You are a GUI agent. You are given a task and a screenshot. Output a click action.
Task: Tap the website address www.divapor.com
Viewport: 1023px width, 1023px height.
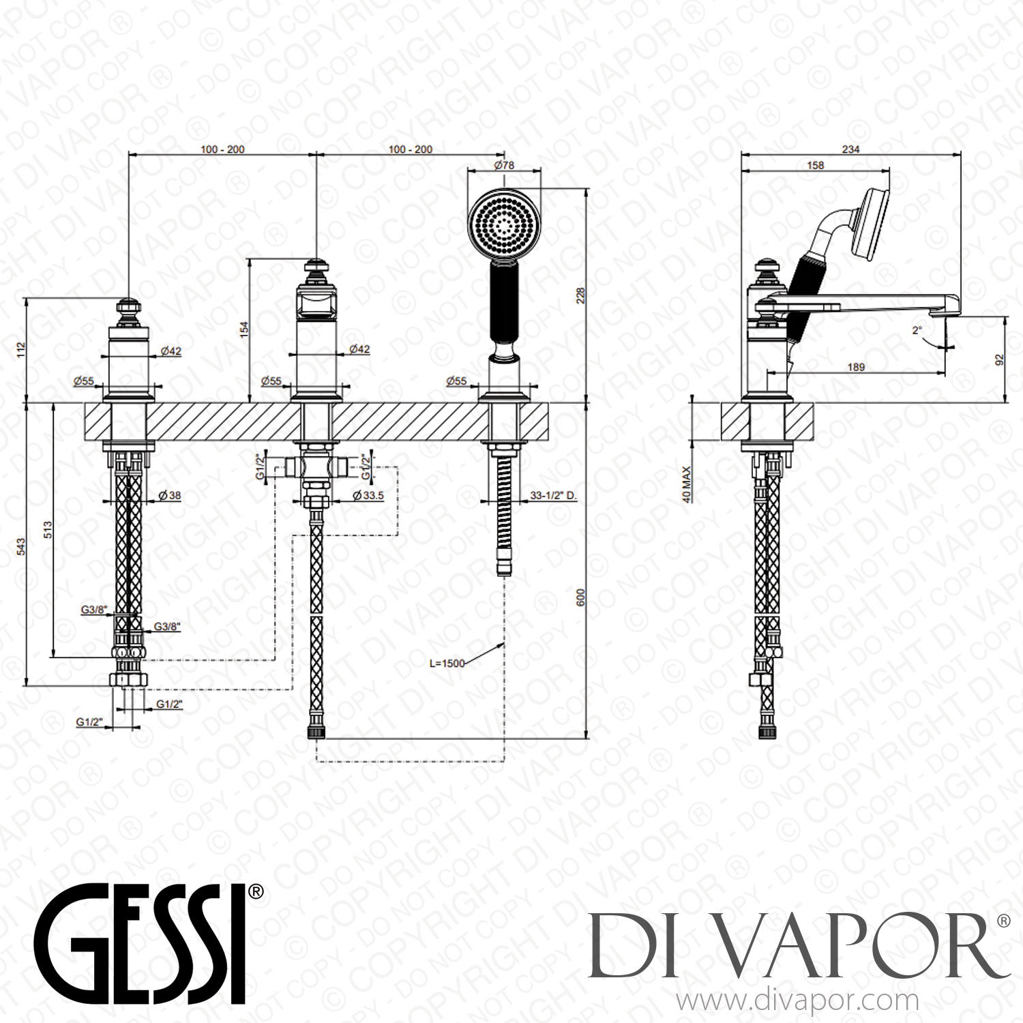click(x=797, y=1001)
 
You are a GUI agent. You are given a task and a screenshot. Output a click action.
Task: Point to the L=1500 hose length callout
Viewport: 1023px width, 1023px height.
click(x=447, y=663)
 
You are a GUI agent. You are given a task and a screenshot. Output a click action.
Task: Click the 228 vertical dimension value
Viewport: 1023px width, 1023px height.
click(x=582, y=295)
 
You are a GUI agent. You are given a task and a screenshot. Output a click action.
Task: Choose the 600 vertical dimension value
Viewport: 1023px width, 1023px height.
click(x=582, y=597)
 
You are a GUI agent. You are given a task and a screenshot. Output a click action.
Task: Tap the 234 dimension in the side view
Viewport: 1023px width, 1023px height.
click(x=850, y=149)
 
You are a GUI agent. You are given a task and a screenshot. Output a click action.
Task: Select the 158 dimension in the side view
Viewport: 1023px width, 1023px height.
click(x=815, y=165)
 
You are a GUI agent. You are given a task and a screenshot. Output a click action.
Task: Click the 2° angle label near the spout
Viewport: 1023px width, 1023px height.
click(x=917, y=330)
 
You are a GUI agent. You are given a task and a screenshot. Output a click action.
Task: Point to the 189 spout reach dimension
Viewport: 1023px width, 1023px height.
click(x=856, y=367)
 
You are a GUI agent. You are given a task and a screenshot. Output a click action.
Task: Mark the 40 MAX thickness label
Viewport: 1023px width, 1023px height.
click(x=686, y=484)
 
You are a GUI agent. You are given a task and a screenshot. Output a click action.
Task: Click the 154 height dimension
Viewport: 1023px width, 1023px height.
click(x=244, y=329)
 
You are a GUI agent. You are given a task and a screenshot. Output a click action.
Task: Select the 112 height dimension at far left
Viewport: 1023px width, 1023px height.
click(x=20, y=350)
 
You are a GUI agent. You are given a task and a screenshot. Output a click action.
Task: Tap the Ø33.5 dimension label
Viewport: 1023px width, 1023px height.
click(x=368, y=496)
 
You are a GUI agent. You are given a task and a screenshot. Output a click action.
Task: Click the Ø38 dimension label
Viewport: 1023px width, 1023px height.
click(x=170, y=496)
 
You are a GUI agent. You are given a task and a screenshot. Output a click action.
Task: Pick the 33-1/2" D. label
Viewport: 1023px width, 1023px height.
click(x=553, y=496)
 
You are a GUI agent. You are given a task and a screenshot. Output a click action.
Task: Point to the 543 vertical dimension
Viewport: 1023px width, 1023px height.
click(x=20, y=546)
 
